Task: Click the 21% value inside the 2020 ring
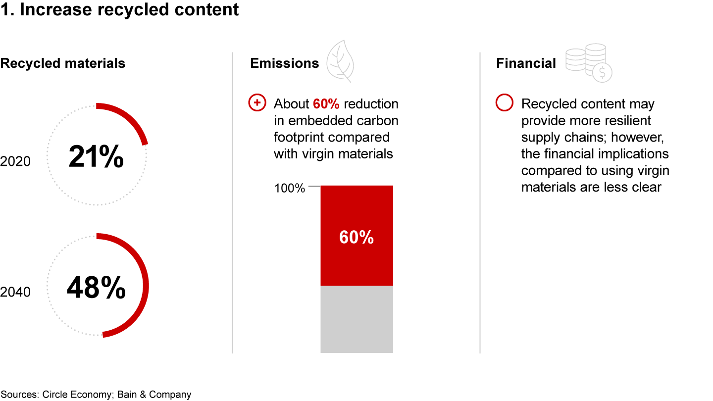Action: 96,156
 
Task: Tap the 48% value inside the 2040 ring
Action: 96,287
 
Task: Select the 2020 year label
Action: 15,161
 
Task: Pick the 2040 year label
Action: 15,292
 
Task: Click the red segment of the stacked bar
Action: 356,236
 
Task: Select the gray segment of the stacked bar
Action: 356,319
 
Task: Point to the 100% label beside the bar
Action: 289,188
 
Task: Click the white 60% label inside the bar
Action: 356,238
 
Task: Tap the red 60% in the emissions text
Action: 326,104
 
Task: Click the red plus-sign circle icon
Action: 257,102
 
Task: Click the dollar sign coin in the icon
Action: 602,73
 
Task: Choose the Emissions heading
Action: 285,63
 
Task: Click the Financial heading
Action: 526,63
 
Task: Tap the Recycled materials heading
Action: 63,63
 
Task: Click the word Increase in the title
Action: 56,9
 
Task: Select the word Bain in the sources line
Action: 127,394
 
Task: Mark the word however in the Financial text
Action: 637,137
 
